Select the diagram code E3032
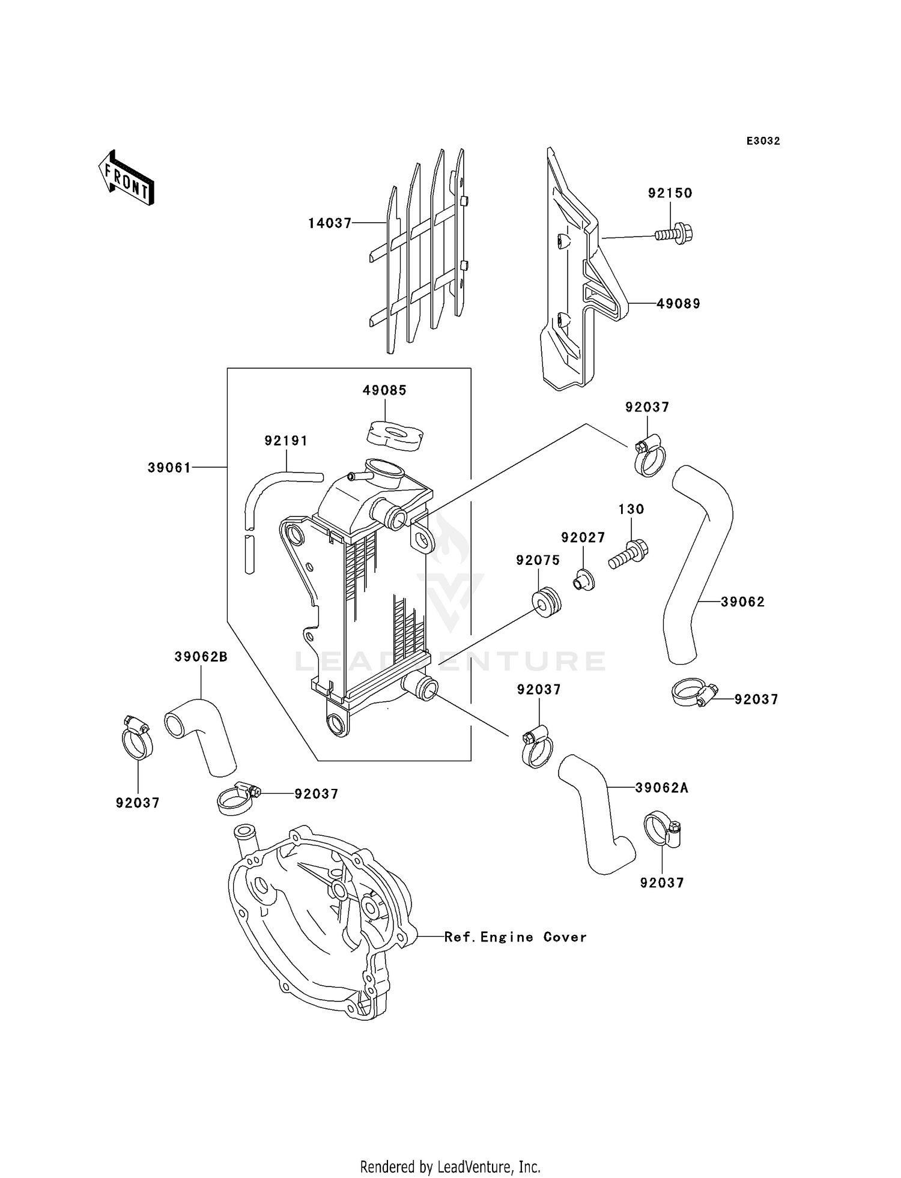tap(763, 141)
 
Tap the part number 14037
tap(330, 223)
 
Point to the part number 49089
tap(678, 304)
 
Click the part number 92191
tap(286, 441)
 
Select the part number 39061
tap(169, 467)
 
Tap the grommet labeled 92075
tap(545, 603)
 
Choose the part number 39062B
tap(201, 657)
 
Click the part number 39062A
tap(662, 788)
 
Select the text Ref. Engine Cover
tap(515, 937)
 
